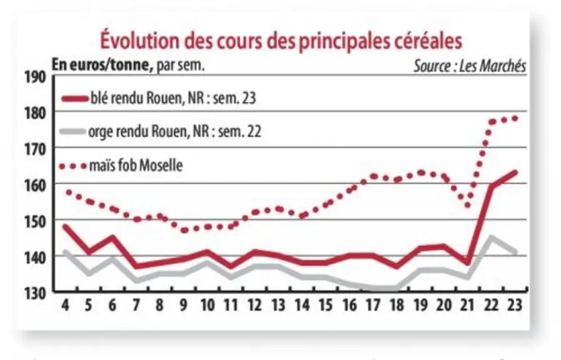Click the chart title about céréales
(x=281, y=41)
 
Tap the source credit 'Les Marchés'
(x=492, y=66)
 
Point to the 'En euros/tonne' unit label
(x=100, y=65)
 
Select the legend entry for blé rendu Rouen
(x=158, y=98)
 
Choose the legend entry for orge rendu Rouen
(x=160, y=131)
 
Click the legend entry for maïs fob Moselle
(x=121, y=166)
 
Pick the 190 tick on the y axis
(x=35, y=77)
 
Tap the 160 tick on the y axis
(x=35, y=185)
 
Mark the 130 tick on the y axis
(x=35, y=294)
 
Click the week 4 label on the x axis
(x=65, y=305)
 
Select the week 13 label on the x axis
(x=278, y=305)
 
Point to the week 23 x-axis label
(x=515, y=305)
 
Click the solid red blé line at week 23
(x=515, y=172)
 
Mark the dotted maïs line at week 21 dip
(x=468, y=205)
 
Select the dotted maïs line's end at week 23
(x=515, y=118)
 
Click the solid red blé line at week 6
(x=113, y=237)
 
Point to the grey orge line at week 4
(x=65, y=252)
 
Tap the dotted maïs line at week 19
(x=421, y=172)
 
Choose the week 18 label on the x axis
(x=397, y=305)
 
